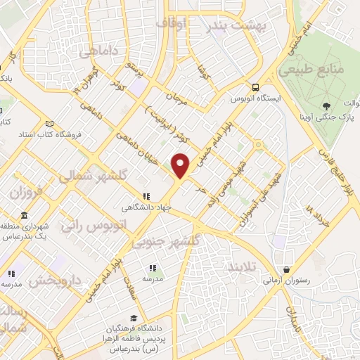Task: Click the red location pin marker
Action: [181, 165]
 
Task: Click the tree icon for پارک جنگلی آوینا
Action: [326, 107]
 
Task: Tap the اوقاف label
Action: [172, 24]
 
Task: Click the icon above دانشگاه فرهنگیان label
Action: [134, 319]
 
